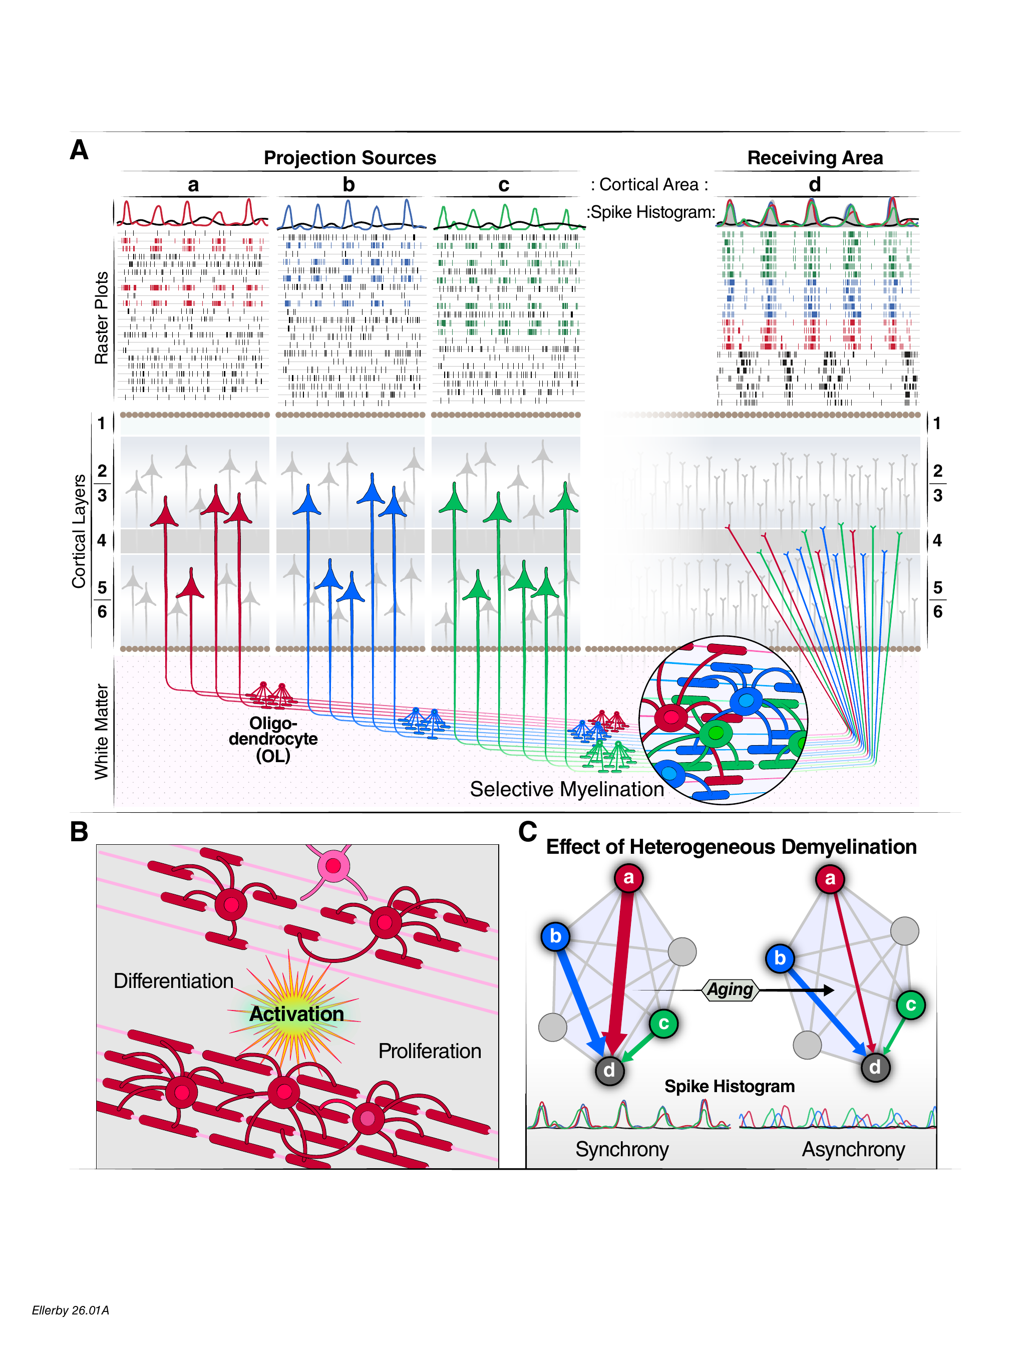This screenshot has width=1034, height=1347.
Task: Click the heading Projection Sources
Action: (350, 158)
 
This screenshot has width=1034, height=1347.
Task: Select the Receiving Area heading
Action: (815, 158)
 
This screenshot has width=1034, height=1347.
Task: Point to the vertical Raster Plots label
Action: (101, 317)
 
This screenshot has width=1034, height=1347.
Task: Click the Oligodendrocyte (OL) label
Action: (273, 739)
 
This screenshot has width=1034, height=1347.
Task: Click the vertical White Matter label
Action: (101, 732)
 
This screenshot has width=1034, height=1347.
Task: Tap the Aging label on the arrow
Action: (730, 989)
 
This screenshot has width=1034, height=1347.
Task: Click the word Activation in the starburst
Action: (296, 1014)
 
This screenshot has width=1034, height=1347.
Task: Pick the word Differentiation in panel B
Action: (174, 981)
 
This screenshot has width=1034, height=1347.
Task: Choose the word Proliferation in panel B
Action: (430, 1051)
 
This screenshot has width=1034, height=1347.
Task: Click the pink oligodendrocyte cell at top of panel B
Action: (333, 866)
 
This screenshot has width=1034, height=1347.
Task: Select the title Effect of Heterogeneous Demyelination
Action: (731, 847)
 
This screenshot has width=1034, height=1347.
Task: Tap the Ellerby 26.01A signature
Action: (71, 1310)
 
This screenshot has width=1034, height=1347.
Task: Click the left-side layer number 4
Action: (102, 540)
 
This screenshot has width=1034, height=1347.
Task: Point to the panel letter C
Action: (527, 831)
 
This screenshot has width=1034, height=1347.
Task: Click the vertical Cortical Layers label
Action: (79, 532)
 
